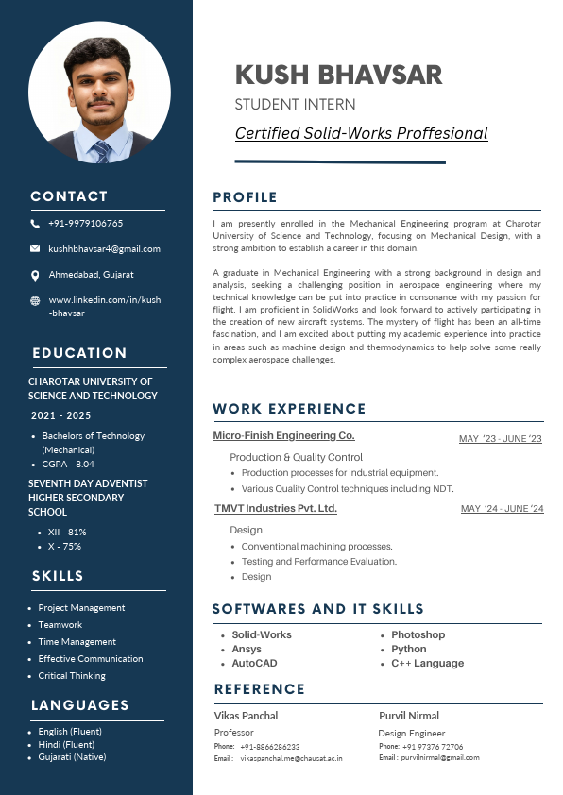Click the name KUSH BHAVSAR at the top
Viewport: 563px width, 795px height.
338,75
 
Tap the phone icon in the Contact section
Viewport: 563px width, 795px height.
35,224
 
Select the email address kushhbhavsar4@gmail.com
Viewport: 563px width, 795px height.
104,249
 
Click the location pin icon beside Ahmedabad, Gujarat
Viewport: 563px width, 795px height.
35,275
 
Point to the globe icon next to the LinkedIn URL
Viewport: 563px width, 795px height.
35,300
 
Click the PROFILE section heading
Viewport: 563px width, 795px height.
245,197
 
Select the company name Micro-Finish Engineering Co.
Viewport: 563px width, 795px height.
283,436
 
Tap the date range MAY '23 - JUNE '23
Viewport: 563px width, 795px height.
500,439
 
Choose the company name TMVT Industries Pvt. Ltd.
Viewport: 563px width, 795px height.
275,509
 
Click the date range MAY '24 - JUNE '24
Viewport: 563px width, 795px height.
502,510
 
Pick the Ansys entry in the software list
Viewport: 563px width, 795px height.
247,650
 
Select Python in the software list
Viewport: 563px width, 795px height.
408,650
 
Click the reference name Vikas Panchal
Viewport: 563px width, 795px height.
246,716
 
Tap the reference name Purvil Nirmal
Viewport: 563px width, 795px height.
408,716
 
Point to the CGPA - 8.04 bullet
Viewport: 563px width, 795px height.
68,465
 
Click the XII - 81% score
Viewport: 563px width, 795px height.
67,533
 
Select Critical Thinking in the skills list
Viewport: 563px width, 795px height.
72,676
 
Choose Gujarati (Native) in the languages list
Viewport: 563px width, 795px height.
72,757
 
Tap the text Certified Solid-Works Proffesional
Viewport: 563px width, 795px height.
361,133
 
